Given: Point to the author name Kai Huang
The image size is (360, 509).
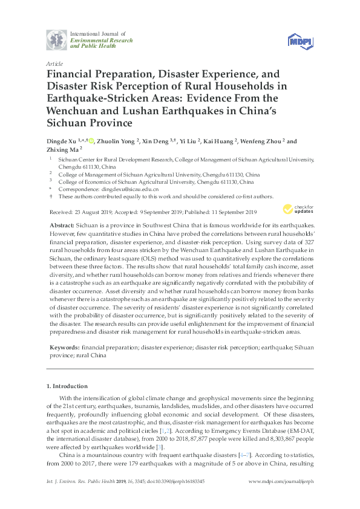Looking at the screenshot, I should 220,141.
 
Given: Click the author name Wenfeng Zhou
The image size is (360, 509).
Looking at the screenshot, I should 262,141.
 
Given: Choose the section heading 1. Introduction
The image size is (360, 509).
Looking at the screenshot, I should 67,386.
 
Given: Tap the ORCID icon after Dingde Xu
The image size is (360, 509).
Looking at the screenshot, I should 91,141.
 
